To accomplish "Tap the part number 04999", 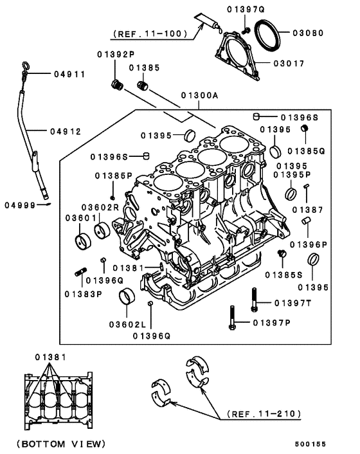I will tap(19, 205).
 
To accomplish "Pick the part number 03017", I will tap(298, 63).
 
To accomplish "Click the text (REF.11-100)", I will tap(150, 33).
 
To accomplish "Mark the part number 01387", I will tap(308, 209).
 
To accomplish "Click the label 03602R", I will tap(100, 206).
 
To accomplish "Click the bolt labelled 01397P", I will tap(231, 320).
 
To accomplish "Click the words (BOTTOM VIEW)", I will tap(60, 444).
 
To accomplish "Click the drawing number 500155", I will tap(328, 443).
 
